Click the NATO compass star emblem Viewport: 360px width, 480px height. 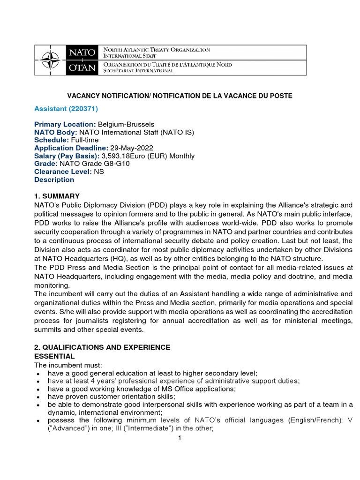[51, 60]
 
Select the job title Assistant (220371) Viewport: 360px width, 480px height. [66, 109]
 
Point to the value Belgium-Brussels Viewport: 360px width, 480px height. [126, 124]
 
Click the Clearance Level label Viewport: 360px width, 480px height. [63, 172]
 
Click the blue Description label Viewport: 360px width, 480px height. [54, 180]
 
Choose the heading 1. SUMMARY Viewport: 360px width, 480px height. [57, 196]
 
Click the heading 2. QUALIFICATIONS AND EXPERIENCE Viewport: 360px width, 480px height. [102, 347]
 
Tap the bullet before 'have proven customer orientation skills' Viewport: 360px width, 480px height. [37, 397]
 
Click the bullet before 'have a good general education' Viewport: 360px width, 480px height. [37, 373]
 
